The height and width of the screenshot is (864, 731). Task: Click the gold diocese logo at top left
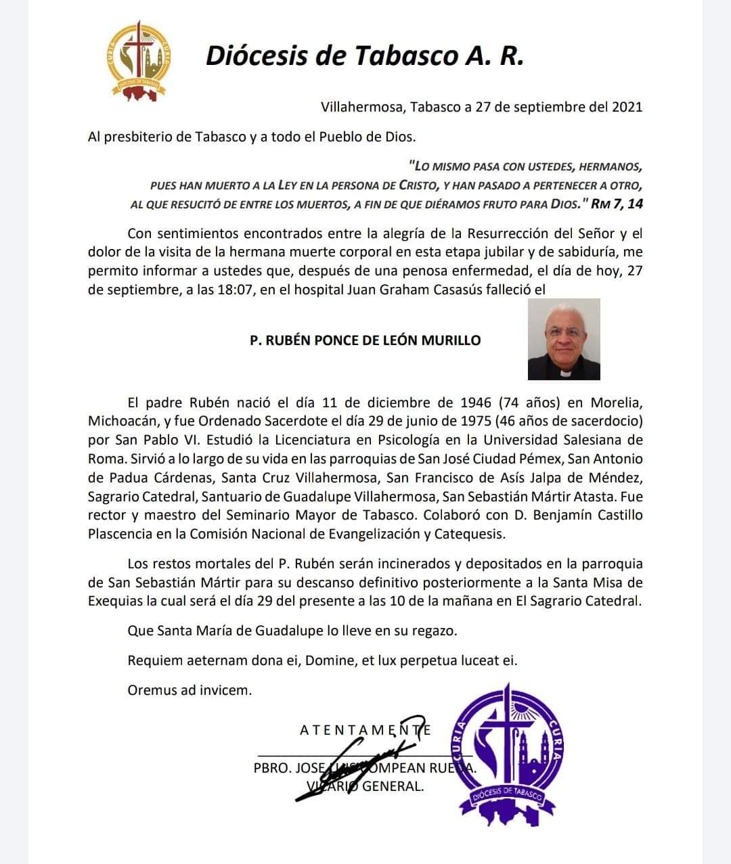tap(139, 61)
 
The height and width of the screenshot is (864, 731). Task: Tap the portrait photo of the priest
tap(564, 339)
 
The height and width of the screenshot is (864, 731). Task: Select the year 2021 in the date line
tap(627, 107)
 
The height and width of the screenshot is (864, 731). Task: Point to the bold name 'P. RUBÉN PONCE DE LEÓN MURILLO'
tap(365, 340)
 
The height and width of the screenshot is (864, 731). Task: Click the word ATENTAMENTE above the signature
tap(365, 730)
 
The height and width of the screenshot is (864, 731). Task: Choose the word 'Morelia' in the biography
tap(616, 403)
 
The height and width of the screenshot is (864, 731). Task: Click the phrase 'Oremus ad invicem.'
tap(190, 691)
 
